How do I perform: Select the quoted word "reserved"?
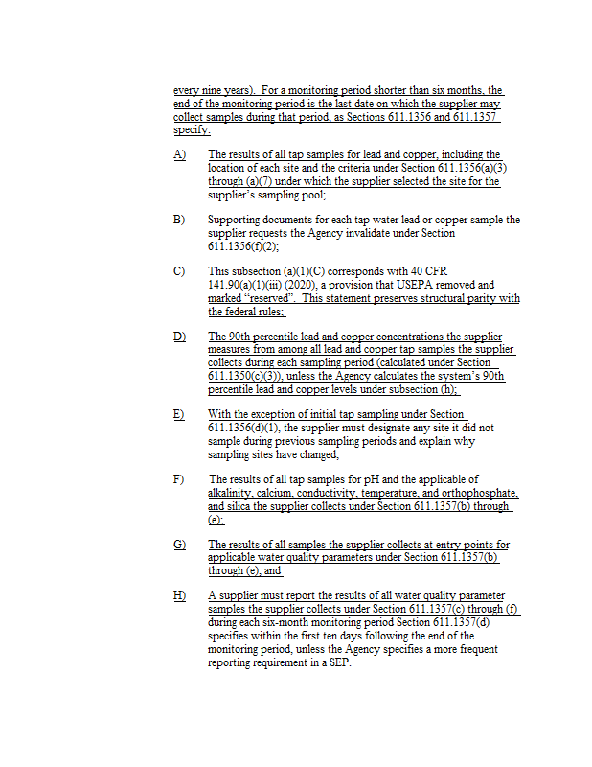[x=245, y=298]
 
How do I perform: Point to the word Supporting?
[x=235, y=220]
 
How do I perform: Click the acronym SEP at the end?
[x=339, y=662]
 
